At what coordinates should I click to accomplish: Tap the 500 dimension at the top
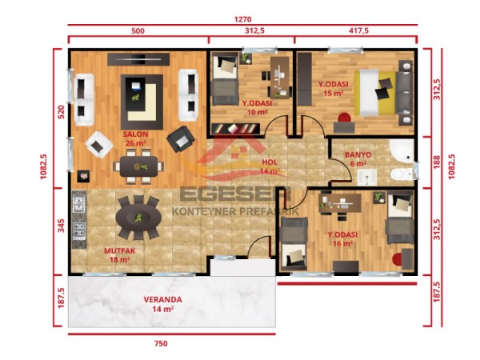[138, 30]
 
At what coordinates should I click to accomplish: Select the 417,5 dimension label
[355, 30]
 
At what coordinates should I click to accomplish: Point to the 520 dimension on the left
[60, 112]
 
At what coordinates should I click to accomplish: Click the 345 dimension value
[60, 226]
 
